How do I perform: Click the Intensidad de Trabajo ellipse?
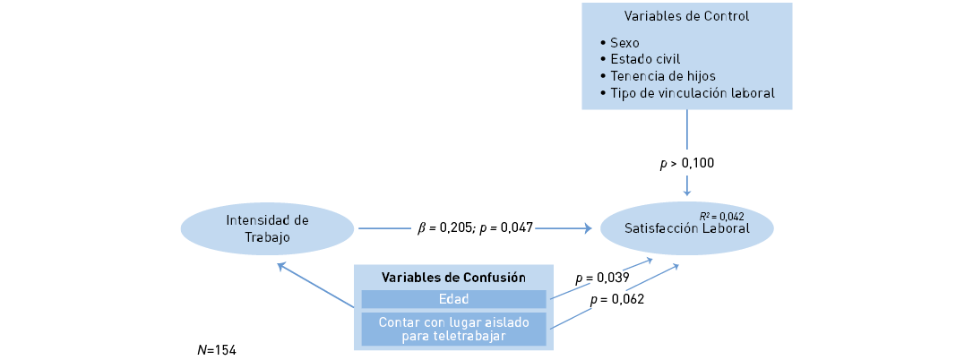[x=267, y=228]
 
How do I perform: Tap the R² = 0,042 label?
[x=721, y=217]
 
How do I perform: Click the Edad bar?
[x=453, y=299]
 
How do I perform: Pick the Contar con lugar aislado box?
[x=453, y=329]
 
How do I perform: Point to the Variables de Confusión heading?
[x=453, y=277]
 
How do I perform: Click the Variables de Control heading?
[x=686, y=16]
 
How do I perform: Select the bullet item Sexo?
[x=624, y=43]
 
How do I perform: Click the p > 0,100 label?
[x=687, y=163]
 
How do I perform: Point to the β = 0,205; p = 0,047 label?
[x=475, y=228]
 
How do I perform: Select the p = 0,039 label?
[x=601, y=278]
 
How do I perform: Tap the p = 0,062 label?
[x=617, y=299]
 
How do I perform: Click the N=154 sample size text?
[x=217, y=349]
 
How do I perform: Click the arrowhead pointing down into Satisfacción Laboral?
[x=687, y=191]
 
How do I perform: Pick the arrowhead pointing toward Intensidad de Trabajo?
[x=282, y=266]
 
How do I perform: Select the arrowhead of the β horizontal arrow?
[x=588, y=228]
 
